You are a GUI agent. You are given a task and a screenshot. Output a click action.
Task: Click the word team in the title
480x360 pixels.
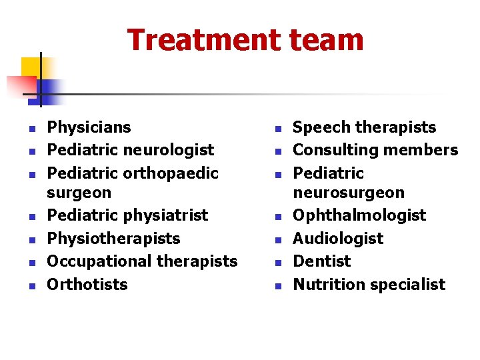coord(327,40)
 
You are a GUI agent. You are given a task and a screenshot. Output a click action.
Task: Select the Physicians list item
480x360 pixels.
coord(89,127)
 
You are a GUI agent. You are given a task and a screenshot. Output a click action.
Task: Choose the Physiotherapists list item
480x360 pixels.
coord(113,239)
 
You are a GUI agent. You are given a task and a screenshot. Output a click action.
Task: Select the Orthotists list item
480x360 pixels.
coord(87,285)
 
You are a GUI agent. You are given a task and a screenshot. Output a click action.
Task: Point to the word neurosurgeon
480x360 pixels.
coord(349,193)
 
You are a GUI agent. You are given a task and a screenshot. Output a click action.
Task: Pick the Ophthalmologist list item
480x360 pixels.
coord(359,215)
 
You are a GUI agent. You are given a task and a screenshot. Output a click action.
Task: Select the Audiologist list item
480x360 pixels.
coord(338,239)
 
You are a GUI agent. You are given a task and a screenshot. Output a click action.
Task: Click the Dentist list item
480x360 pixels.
coord(321,261)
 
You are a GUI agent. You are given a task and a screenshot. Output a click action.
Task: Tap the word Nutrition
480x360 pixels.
coord(324,285)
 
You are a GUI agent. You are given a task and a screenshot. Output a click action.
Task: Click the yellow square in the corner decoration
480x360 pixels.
coord(31,68)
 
